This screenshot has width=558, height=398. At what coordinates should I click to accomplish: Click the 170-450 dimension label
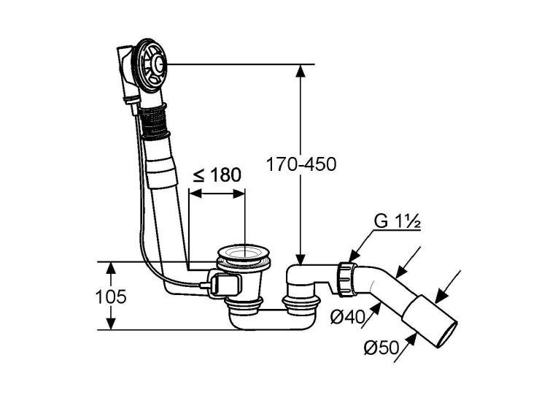point(301,164)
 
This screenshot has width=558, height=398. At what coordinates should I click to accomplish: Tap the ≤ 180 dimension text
point(217,175)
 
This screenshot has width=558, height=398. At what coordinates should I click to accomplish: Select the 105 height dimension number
point(111,296)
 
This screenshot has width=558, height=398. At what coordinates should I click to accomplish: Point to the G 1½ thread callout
point(398,221)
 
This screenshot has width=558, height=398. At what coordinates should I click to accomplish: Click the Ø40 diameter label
point(348,317)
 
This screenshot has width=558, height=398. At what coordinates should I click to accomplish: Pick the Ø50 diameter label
point(381,348)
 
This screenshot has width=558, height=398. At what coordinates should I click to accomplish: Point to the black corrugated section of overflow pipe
point(154,121)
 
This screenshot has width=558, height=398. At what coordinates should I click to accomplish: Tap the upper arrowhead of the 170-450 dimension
point(301,72)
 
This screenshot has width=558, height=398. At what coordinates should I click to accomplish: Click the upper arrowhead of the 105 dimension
point(112,268)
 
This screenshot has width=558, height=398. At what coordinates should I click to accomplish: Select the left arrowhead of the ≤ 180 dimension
point(195,194)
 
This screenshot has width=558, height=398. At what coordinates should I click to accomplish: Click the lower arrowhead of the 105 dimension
point(112,324)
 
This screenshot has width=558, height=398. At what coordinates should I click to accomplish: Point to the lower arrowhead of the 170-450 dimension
point(301,259)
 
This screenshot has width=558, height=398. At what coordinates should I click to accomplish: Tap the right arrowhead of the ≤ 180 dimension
point(239,194)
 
